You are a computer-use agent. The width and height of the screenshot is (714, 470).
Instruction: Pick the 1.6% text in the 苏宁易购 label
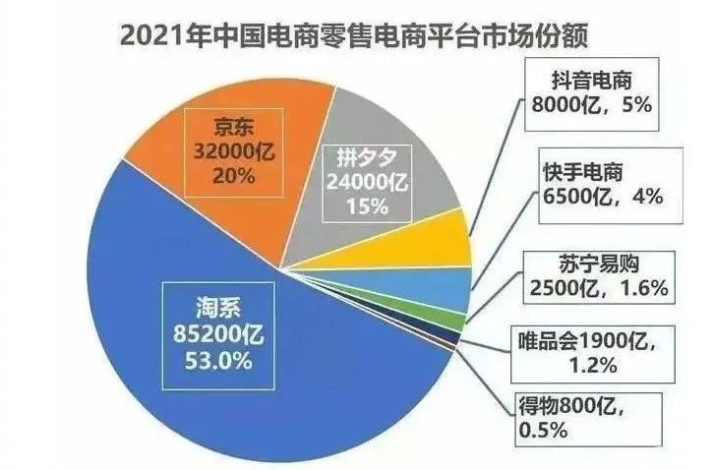(x=644, y=288)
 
